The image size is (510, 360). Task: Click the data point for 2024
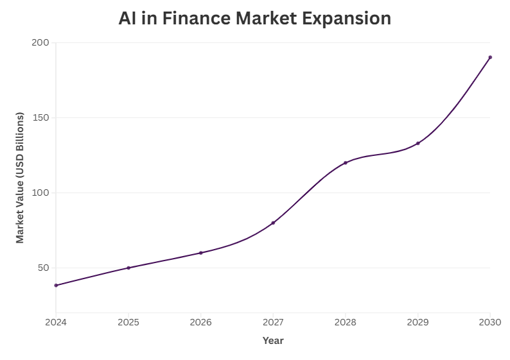[x=56, y=286]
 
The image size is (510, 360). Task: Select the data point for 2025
[x=128, y=268]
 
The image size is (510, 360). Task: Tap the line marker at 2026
[x=200, y=253]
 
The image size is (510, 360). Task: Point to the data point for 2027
[x=273, y=223]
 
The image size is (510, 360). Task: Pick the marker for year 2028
[x=346, y=163]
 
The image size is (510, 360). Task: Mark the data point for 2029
[x=418, y=143]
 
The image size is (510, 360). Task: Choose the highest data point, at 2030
[x=490, y=57]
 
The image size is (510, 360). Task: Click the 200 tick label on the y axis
[x=40, y=42]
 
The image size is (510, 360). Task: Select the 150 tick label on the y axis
[x=40, y=117]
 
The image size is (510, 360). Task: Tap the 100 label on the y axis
[x=40, y=193]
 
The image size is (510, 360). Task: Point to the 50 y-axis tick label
[x=43, y=268]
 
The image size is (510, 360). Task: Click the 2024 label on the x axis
[x=56, y=321]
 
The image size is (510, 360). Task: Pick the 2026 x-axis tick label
[x=200, y=321]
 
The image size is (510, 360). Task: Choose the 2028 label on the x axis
[x=346, y=321]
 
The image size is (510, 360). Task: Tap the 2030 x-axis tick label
[x=490, y=321]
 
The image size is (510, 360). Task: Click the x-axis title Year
[x=273, y=341]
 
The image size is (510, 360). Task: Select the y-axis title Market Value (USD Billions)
[x=20, y=178]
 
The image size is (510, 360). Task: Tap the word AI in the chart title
[x=127, y=19]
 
